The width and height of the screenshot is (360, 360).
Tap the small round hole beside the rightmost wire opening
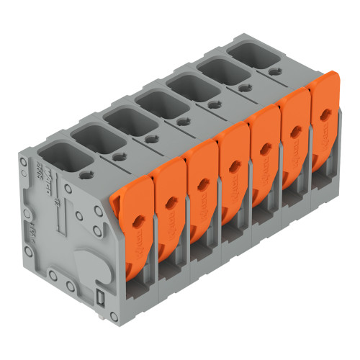pos(276,71)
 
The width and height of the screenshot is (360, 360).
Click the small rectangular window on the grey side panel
pos(101,297)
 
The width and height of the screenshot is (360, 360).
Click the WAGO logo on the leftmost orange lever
pos(137,248)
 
